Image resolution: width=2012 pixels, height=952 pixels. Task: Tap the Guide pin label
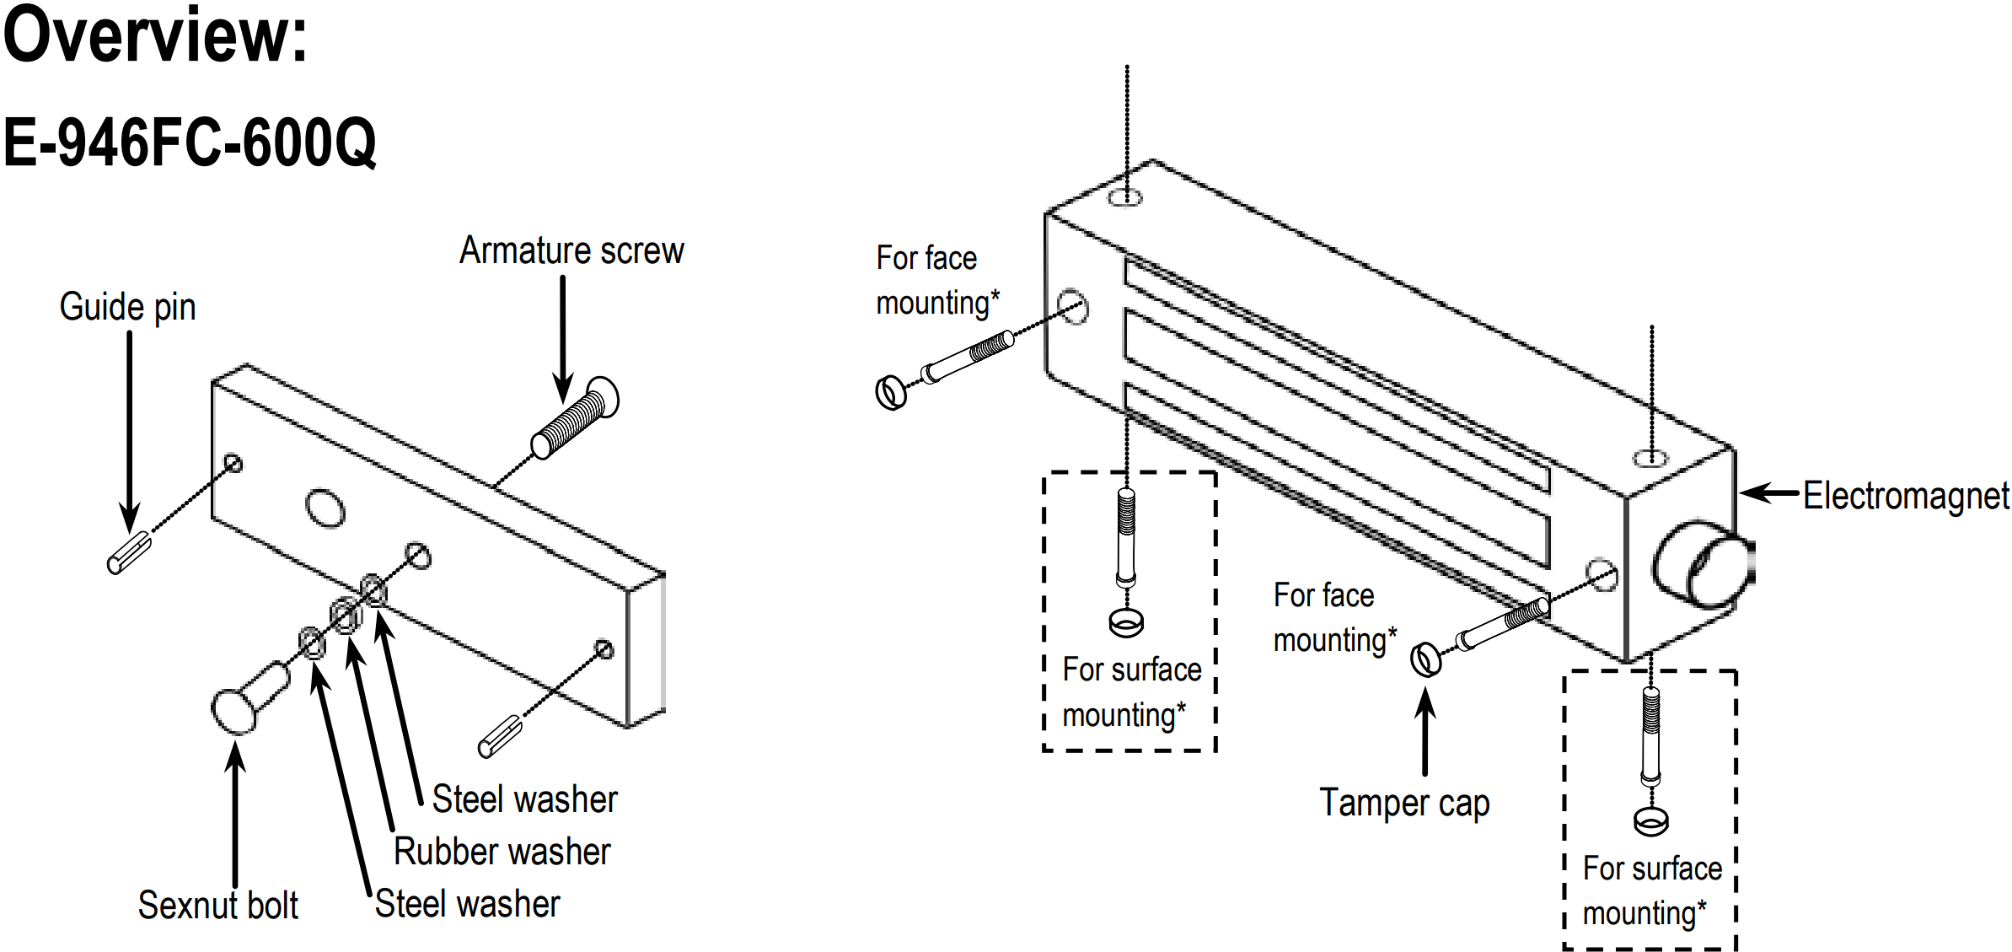coord(127,308)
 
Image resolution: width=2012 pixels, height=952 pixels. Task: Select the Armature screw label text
coord(571,251)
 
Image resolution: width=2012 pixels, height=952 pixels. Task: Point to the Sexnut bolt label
coord(217,906)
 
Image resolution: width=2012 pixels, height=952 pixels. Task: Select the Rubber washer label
coord(502,852)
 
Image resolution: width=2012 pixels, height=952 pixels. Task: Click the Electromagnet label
coord(1906,496)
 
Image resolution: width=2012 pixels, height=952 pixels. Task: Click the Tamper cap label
coord(1404,803)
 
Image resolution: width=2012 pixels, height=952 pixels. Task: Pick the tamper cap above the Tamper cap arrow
coord(1425,659)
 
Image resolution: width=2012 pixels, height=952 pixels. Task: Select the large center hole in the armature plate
coord(325,508)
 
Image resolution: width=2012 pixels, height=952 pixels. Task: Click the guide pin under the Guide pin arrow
coord(129,553)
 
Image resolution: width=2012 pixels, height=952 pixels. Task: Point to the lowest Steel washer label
coord(467,904)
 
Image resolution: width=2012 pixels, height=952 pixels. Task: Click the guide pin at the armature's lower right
coord(501,736)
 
